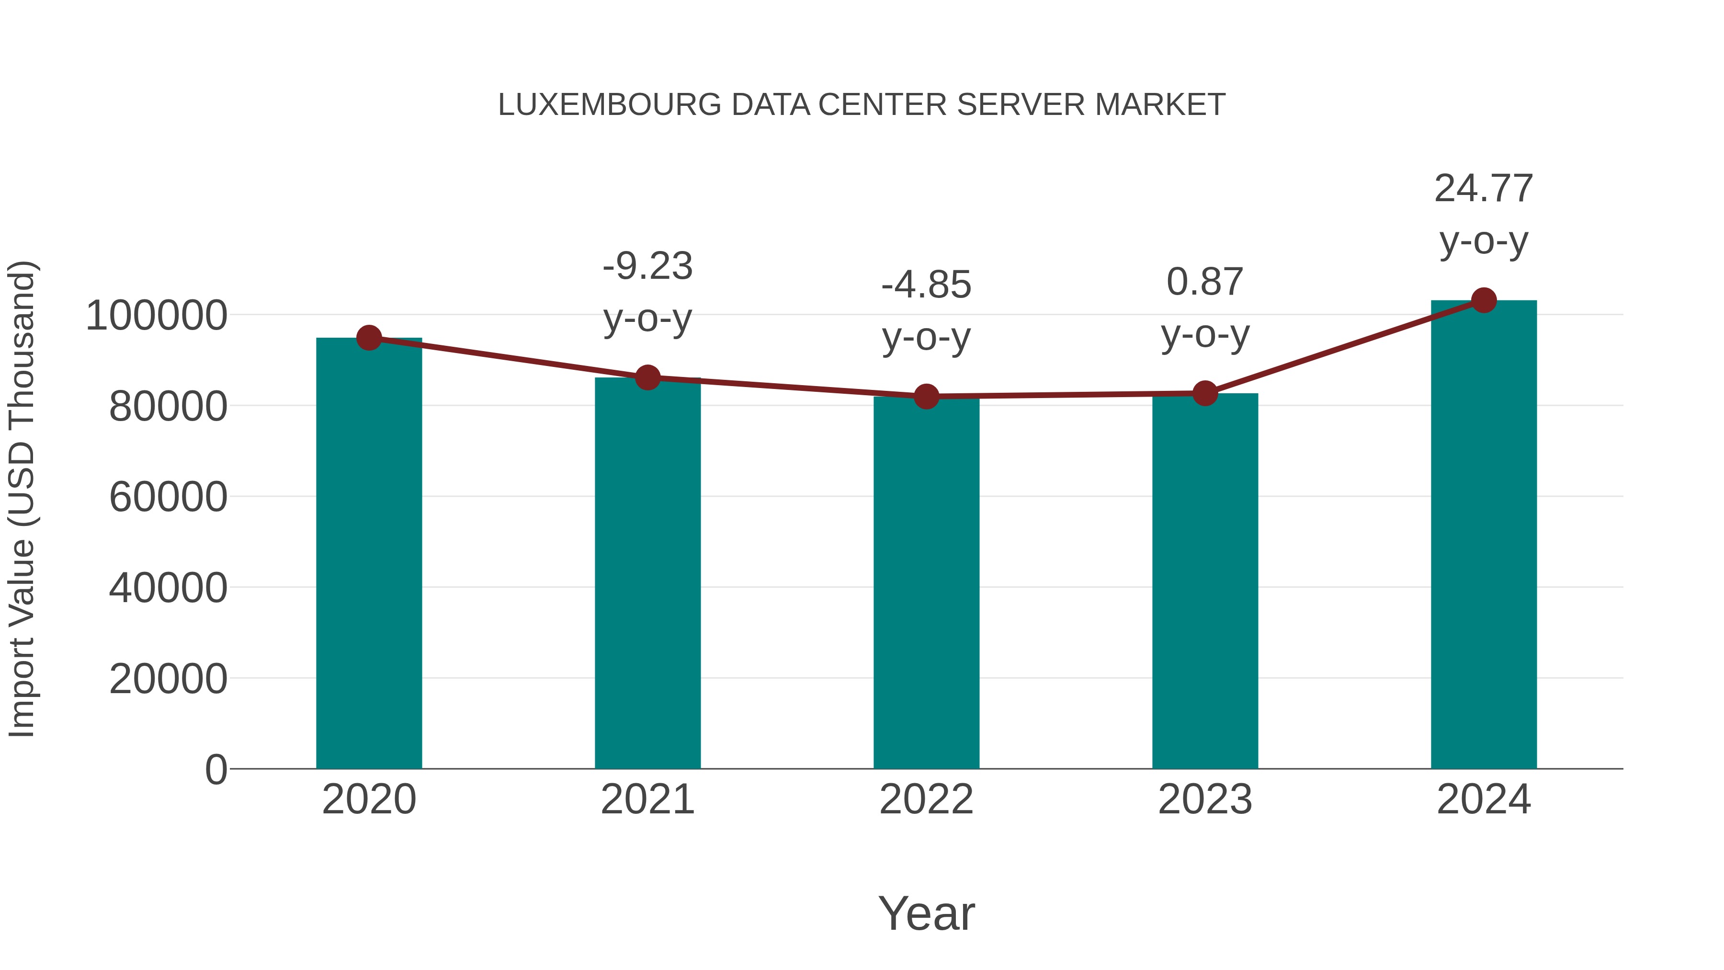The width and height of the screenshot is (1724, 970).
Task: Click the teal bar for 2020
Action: coord(369,556)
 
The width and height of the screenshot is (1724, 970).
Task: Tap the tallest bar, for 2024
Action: coord(1484,536)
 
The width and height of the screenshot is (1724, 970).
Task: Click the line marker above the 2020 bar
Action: coord(369,338)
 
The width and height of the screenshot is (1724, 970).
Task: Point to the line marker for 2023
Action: coord(1205,394)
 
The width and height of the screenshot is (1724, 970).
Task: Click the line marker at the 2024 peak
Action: coord(1484,300)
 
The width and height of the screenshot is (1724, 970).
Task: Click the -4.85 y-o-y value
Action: coord(926,285)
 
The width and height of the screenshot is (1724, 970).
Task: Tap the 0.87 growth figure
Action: coord(1205,282)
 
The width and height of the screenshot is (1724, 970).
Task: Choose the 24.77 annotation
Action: coord(1484,189)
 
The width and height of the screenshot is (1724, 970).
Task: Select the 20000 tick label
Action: coord(168,679)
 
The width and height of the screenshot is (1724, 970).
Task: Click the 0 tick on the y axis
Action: coord(215,769)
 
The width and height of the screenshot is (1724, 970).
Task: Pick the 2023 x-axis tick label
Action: coord(1205,799)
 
